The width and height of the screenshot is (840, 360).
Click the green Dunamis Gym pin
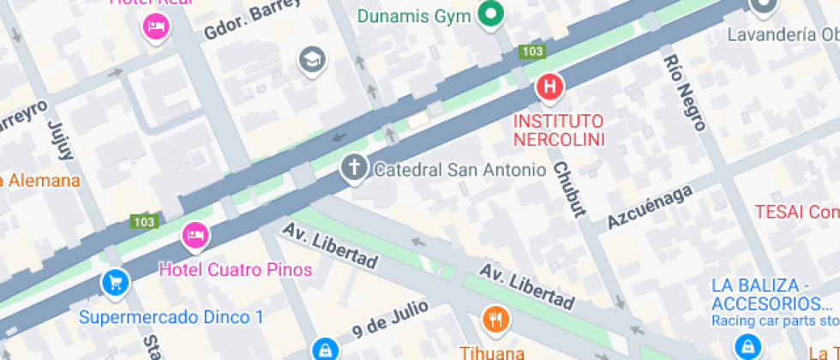click(491, 14)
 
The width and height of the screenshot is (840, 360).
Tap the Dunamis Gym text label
click(415, 15)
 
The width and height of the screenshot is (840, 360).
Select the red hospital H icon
click(549, 87)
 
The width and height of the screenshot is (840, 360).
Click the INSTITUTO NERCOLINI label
click(558, 129)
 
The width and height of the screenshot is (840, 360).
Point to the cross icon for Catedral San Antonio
click(353, 167)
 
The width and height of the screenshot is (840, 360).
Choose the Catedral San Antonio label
click(459, 170)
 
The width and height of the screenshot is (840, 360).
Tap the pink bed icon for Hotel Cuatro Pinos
click(195, 235)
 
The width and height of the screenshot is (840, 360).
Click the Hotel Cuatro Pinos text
click(236, 270)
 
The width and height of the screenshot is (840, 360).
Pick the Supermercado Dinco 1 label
click(171, 317)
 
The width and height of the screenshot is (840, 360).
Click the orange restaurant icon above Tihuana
click(495, 320)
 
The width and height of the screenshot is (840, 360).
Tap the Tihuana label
click(494, 351)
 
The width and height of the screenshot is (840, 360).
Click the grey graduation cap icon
click(313, 59)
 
